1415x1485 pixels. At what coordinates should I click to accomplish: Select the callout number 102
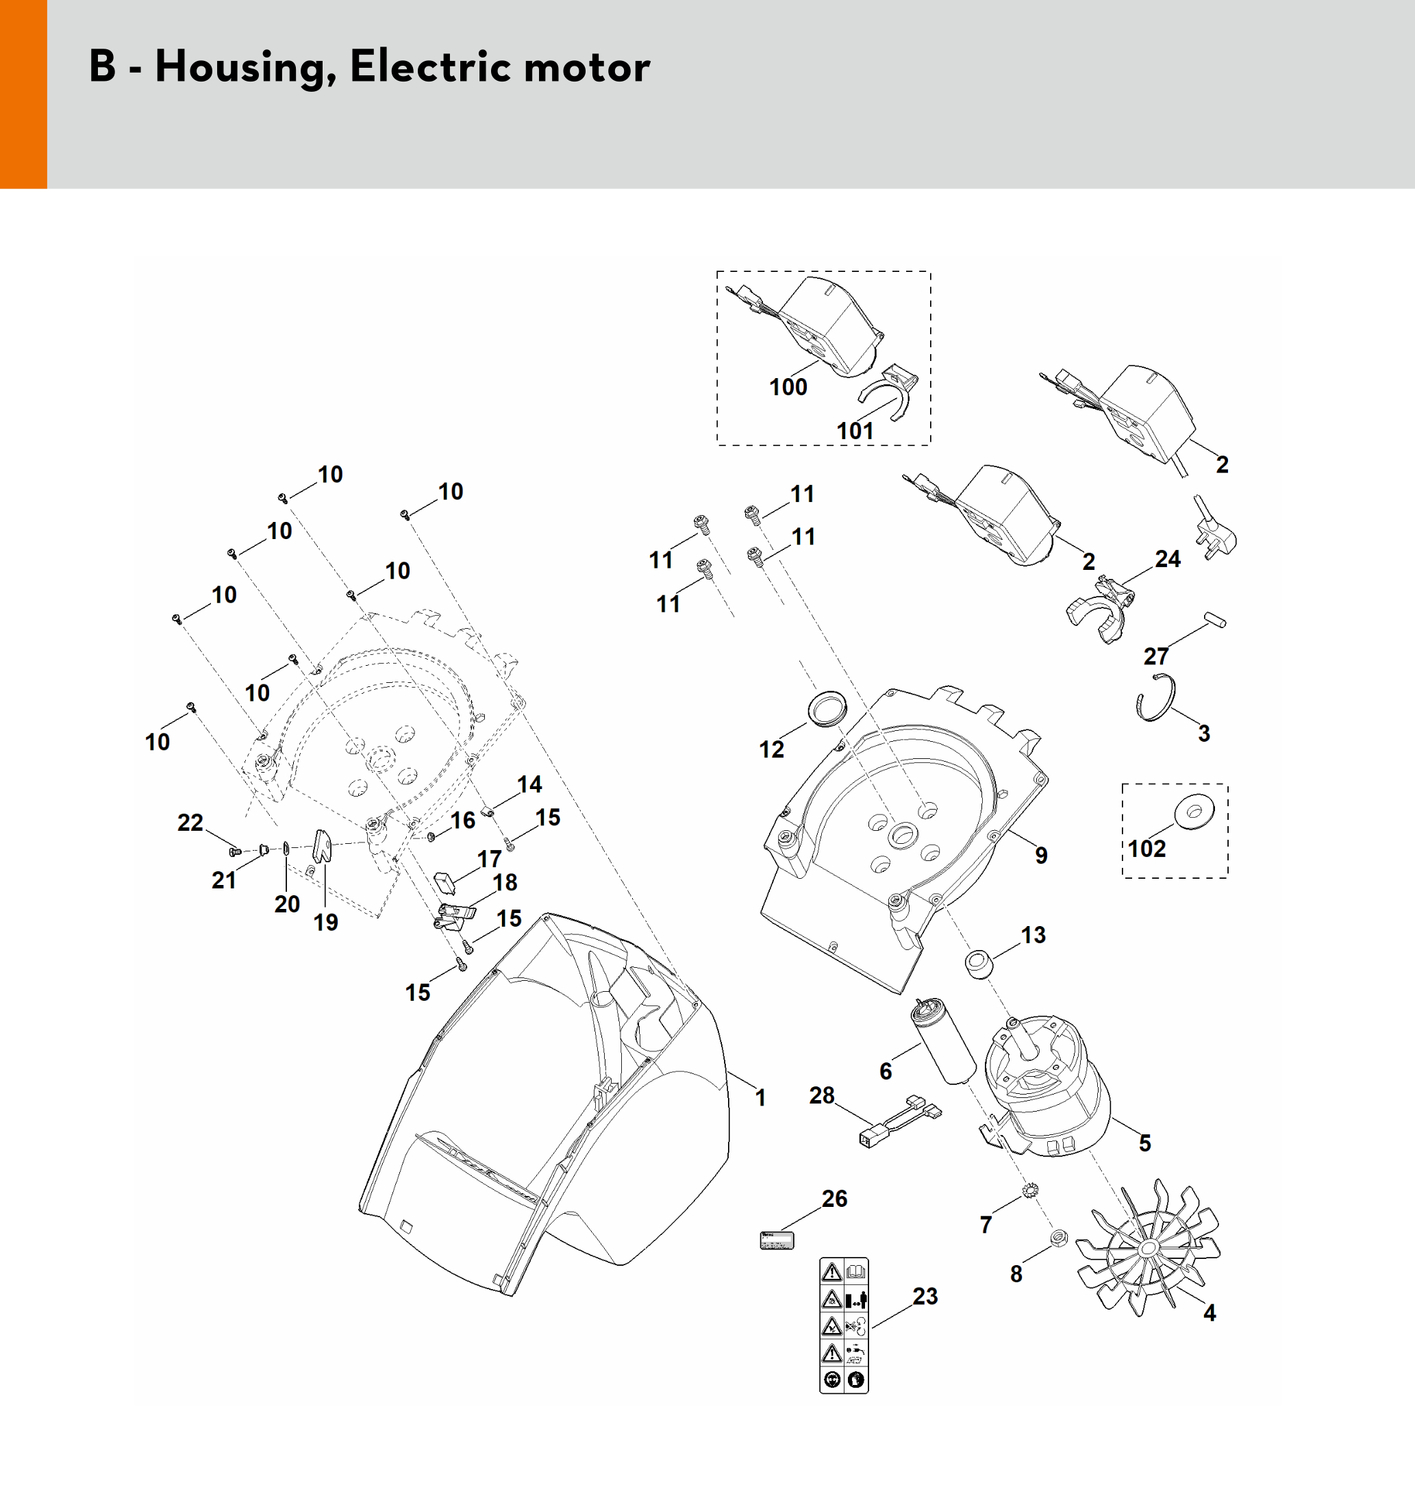(x=1147, y=849)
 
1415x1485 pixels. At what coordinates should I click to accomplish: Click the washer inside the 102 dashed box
(x=1194, y=812)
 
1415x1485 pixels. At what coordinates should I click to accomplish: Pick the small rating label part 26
(x=777, y=1240)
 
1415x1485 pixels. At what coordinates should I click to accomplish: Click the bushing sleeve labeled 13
(x=979, y=963)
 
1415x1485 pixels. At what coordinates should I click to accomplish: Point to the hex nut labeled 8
(x=1059, y=1237)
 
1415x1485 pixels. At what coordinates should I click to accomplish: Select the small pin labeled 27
(x=1214, y=620)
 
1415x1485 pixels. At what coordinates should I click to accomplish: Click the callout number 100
(x=788, y=387)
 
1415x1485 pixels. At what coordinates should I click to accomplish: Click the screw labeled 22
(x=234, y=851)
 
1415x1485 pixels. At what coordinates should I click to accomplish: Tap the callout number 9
(x=1041, y=856)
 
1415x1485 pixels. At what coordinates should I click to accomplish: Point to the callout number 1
(x=760, y=1097)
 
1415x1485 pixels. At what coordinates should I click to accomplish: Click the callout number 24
(x=1168, y=559)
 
